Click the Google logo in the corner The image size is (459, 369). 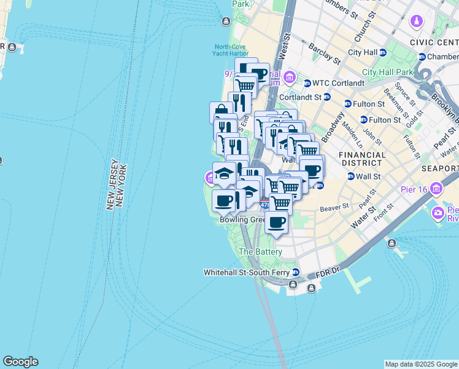(x=20, y=362)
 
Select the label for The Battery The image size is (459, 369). (x=260, y=252)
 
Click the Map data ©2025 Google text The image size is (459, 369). (x=420, y=364)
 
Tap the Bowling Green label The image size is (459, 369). (x=241, y=220)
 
